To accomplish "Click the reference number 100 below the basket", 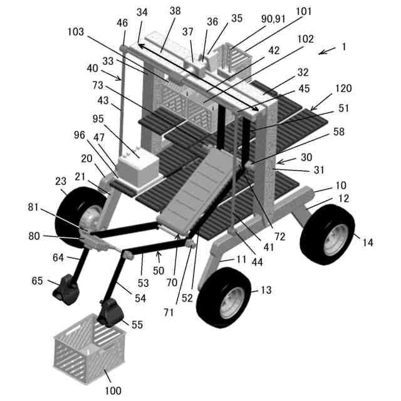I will tap(113, 391).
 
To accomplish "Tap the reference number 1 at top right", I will tap(343, 47).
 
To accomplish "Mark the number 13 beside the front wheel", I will tap(266, 289).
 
